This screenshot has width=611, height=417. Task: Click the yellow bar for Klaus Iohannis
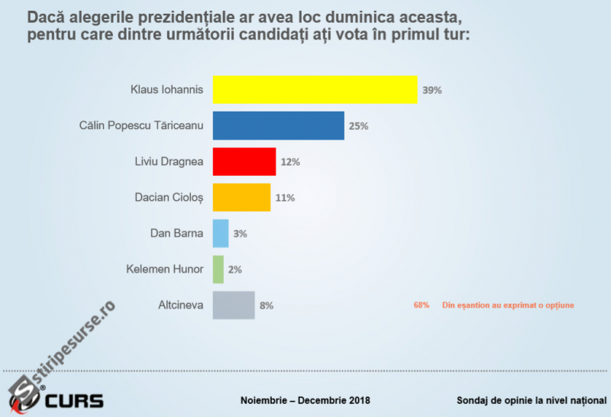tap(315, 89)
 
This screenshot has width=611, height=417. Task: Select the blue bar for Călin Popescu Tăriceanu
tap(278, 125)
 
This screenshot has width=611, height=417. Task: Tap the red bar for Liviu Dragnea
tap(244, 161)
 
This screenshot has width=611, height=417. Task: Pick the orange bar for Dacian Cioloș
tap(241, 197)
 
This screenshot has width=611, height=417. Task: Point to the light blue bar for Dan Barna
tap(220, 233)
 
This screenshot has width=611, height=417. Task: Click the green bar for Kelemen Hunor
tap(218, 269)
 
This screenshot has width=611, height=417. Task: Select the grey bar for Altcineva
tap(233, 305)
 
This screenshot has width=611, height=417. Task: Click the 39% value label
tap(432, 90)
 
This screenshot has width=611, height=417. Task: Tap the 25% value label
tap(358, 126)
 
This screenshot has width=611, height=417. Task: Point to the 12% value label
tap(290, 162)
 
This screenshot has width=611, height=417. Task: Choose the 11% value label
tap(285, 198)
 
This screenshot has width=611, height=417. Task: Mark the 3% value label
tap(240, 234)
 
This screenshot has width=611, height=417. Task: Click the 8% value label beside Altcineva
tap(266, 305)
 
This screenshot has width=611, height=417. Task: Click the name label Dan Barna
tap(177, 233)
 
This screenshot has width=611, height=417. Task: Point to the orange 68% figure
tap(422, 305)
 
